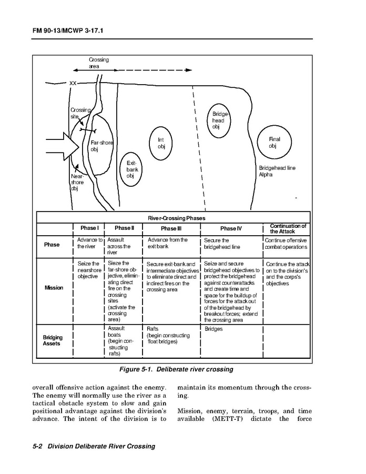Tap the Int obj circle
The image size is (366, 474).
click(x=161, y=143)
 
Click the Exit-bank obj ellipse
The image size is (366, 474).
click(x=130, y=169)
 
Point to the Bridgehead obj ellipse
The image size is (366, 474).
click(x=218, y=120)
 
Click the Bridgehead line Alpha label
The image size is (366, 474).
click(x=277, y=171)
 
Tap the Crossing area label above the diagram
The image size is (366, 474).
click(x=98, y=63)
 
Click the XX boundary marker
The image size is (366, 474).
click(x=73, y=83)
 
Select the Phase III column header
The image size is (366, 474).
click(x=171, y=229)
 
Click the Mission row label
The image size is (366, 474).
click(x=54, y=288)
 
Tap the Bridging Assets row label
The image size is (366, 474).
click(x=53, y=340)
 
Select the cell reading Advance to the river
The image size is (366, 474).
click(x=89, y=243)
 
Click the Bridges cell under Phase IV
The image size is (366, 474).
click(x=213, y=329)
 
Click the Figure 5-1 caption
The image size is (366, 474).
click(x=176, y=369)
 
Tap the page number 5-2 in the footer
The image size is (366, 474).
click(x=37, y=446)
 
